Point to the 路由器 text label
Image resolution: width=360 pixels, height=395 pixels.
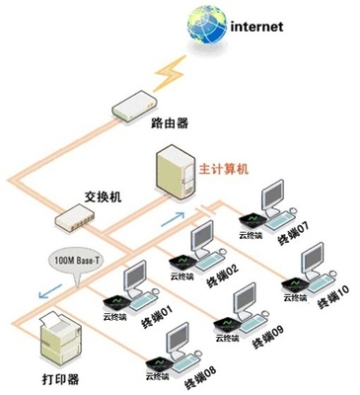[169, 123]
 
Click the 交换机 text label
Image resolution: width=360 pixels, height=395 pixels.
[103, 197]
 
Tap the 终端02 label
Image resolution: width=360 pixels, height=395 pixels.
[222, 276]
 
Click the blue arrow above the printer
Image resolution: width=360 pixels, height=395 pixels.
[44, 293]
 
